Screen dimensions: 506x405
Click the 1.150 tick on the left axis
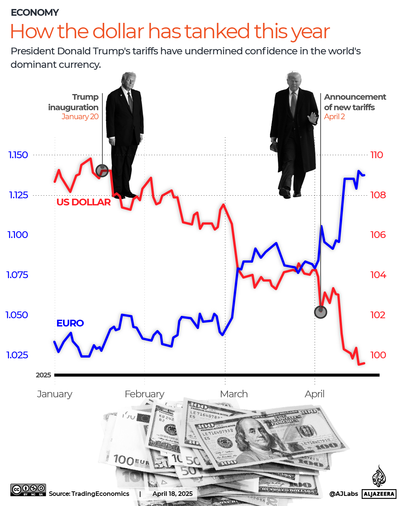[18, 155]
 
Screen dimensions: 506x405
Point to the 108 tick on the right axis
[378, 195]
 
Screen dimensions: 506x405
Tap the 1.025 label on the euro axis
[17, 355]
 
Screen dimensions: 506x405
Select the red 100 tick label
[378, 355]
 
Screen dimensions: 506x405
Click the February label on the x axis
[144, 394]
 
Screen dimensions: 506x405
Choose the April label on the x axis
[314, 394]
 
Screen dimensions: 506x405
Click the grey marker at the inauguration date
[102, 171]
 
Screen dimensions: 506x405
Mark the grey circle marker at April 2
[320, 311]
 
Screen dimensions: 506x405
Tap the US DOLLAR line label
[84, 202]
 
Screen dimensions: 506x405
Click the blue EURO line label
[70, 323]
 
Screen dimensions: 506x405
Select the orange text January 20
[80, 117]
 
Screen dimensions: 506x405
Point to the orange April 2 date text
[334, 117]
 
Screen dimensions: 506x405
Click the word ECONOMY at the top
[35, 13]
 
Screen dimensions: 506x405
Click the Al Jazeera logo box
[379, 494]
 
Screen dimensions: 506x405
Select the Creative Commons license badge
[28, 490]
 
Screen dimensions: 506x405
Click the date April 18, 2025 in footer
[172, 494]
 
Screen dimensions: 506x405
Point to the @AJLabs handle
[343, 494]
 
